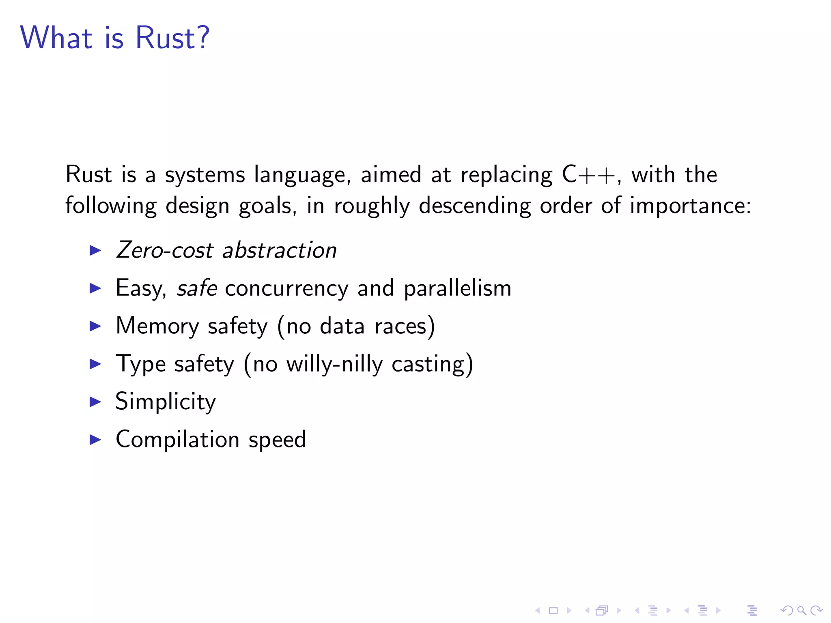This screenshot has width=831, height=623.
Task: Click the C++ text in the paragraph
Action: (x=588, y=175)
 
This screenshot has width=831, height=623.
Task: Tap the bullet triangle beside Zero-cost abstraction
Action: (x=95, y=250)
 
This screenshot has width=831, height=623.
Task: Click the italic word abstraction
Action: (x=280, y=250)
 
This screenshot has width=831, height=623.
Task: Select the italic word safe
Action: (x=197, y=288)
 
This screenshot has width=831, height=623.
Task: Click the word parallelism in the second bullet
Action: (x=457, y=289)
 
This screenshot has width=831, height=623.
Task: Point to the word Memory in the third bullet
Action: (x=157, y=326)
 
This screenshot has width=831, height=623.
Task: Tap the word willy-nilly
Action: (x=334, y=364)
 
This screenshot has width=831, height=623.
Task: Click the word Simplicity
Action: (x=166, y=402)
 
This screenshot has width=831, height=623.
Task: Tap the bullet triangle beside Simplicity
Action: (x=95, y=402)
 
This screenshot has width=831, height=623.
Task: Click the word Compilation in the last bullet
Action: (x=177, y=440)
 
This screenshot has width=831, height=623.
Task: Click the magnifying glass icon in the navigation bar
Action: (x=801, y=610)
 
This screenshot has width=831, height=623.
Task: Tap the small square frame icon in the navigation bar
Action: (x=553, y=610)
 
